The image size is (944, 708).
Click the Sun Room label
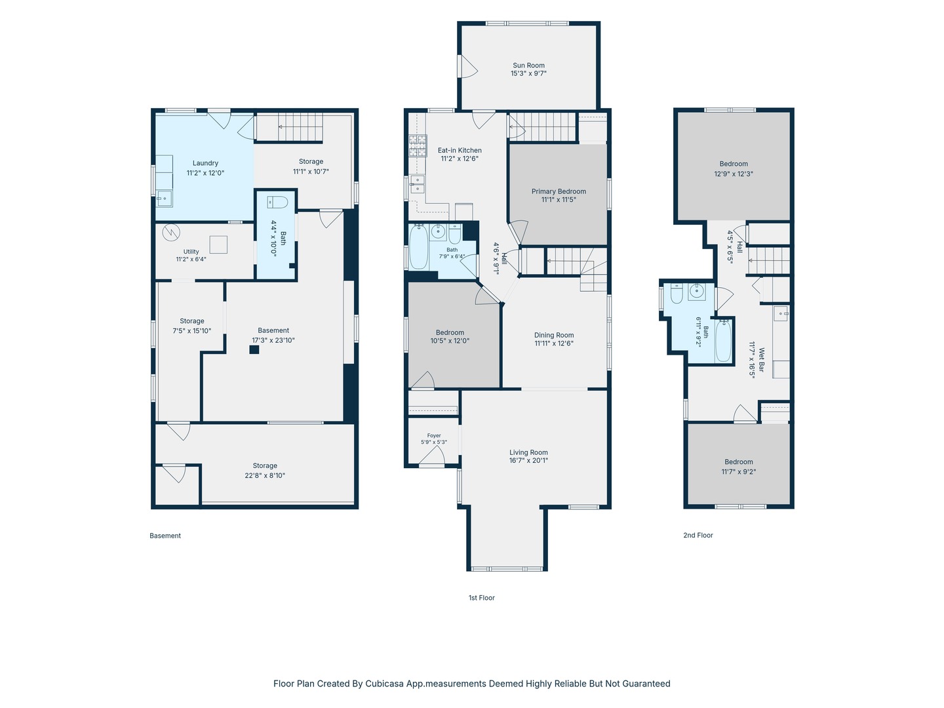coord(528,66)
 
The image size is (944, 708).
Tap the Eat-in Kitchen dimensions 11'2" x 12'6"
coord(460,159)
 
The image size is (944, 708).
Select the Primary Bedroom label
coord(559,191)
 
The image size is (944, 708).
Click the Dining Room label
coord(554,335)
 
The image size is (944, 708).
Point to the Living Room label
coord(528,452)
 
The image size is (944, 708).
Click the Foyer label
coord(434,435)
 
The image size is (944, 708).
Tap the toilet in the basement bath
coord(277,202)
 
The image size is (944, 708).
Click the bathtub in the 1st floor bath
coord(418,246)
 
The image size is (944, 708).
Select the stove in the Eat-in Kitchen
coord(418,146)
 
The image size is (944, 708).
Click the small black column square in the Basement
coord(254,349)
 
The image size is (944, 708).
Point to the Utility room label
coord(191,252)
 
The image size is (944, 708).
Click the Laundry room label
coord(205,163)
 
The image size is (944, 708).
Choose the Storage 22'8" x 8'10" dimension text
coord(265,475)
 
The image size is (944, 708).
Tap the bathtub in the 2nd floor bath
coord(723,341)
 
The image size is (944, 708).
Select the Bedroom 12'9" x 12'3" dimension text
coord(734,174)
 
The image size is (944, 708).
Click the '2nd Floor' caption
coord(698,535)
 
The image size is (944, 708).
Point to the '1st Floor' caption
coord(482,597)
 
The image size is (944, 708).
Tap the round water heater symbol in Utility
coord(171,233)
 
